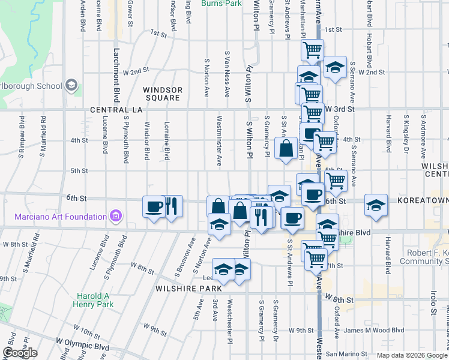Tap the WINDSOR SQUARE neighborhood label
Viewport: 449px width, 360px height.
pos(162,94)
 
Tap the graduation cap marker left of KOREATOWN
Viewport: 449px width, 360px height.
pos(376,205)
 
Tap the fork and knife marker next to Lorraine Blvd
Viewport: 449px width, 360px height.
pos(172,207)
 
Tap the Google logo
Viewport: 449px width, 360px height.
pos(20,353)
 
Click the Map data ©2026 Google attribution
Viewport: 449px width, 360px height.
pos(412,355)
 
